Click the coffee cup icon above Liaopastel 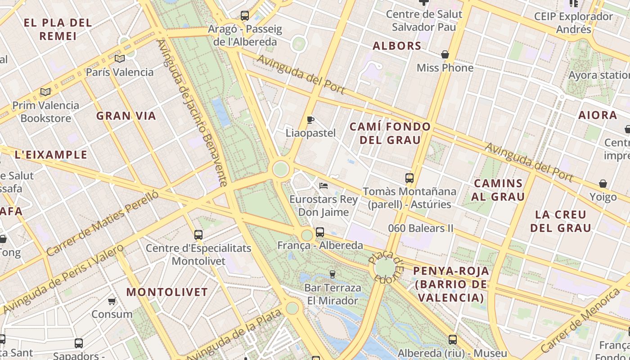(x=310, y=120)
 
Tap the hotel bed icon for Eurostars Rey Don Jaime (x=323, y=185)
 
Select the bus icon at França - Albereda (x=320, y=232)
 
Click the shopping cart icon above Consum (x=112, y=301)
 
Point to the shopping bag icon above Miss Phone (x=445, y=54)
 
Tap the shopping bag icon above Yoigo (x=603, y=184)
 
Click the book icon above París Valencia (x=119, y=58)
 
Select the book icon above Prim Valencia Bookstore (x=45, y=92)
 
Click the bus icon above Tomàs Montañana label (x=409, y=178)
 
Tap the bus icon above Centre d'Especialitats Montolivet (x=198, y=234)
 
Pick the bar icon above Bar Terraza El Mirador (x=333, y=274)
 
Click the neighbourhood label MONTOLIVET (x=167, y=292)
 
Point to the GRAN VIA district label (x=126, y=116)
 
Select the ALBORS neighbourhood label (x=397, y=45)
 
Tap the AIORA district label (x=598, y=115)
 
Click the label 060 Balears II (x=421, y=228)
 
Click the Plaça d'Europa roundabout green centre (x=385, y=268)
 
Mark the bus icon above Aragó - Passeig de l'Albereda (x=245, y=16)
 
